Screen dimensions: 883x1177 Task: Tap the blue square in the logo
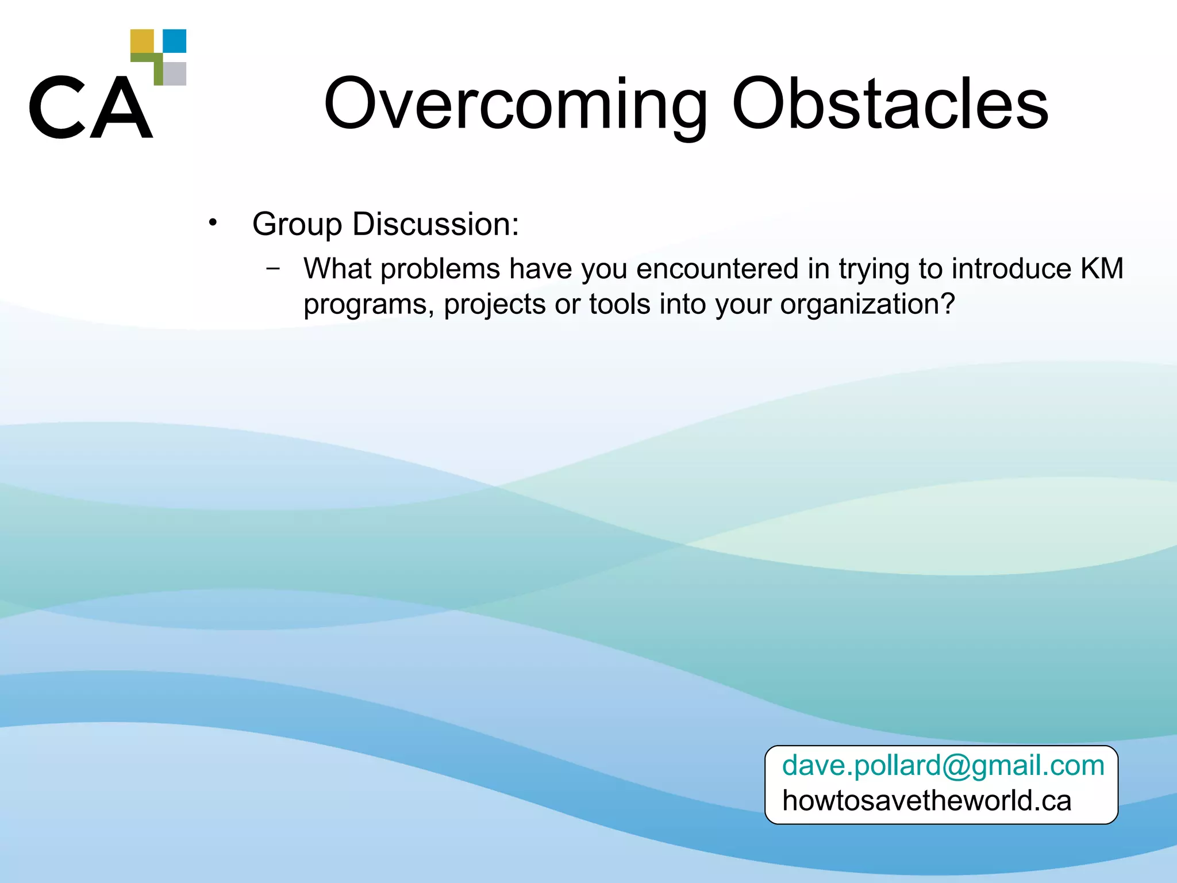(x=175, y=41)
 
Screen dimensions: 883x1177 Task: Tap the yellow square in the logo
(x=142, y=41)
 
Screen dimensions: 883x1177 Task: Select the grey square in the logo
(x=175, y=74)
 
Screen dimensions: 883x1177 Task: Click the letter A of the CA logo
(x=122, y=108)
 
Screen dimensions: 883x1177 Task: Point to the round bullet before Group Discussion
(x=213, y=222)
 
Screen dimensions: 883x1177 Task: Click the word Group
(x=297, y=224)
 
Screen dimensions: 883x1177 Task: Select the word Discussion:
(x=436, y=224)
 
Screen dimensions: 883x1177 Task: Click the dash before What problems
(x=274, y=268)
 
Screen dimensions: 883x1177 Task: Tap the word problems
(x=440, y=270)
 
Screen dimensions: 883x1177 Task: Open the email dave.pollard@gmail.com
(x=943, y=766)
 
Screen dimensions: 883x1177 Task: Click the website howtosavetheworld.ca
(x=926, y=801)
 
